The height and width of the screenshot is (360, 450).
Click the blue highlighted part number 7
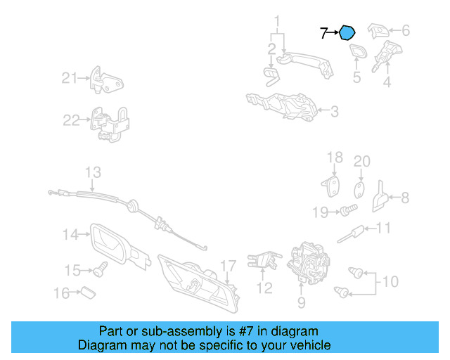(x=347, y=32)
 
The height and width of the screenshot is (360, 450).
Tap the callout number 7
(x=323, y=33)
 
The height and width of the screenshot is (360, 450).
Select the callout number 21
(x=70, y=78)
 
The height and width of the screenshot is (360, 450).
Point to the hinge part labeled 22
(x=110, y=124)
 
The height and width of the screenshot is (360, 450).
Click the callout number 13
(x=93, y=172)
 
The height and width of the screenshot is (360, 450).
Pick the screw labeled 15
(x=100, y=269)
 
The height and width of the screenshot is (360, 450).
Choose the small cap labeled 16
(x=88, y=292)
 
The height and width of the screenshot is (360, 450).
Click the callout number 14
(x=70, y=234)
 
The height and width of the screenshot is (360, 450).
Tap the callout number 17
(x=228, y=266)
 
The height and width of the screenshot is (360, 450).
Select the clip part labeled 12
(x=264, y=260)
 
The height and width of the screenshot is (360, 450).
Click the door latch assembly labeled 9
(x=308, y=263)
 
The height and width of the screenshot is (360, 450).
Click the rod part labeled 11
(x=350, y=234)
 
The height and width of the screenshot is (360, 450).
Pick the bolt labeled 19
(x=349, y=210)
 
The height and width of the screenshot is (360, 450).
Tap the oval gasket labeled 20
(x=359, y=190)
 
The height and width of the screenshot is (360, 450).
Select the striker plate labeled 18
(x=331, y=186)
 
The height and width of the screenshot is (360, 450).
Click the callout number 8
(x=405, y=198)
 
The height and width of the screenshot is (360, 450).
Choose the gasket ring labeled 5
(x=359, y=51)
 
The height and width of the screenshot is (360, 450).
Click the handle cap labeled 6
(x=378, y=31)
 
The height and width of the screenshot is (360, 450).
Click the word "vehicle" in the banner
(x=310, y=345)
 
